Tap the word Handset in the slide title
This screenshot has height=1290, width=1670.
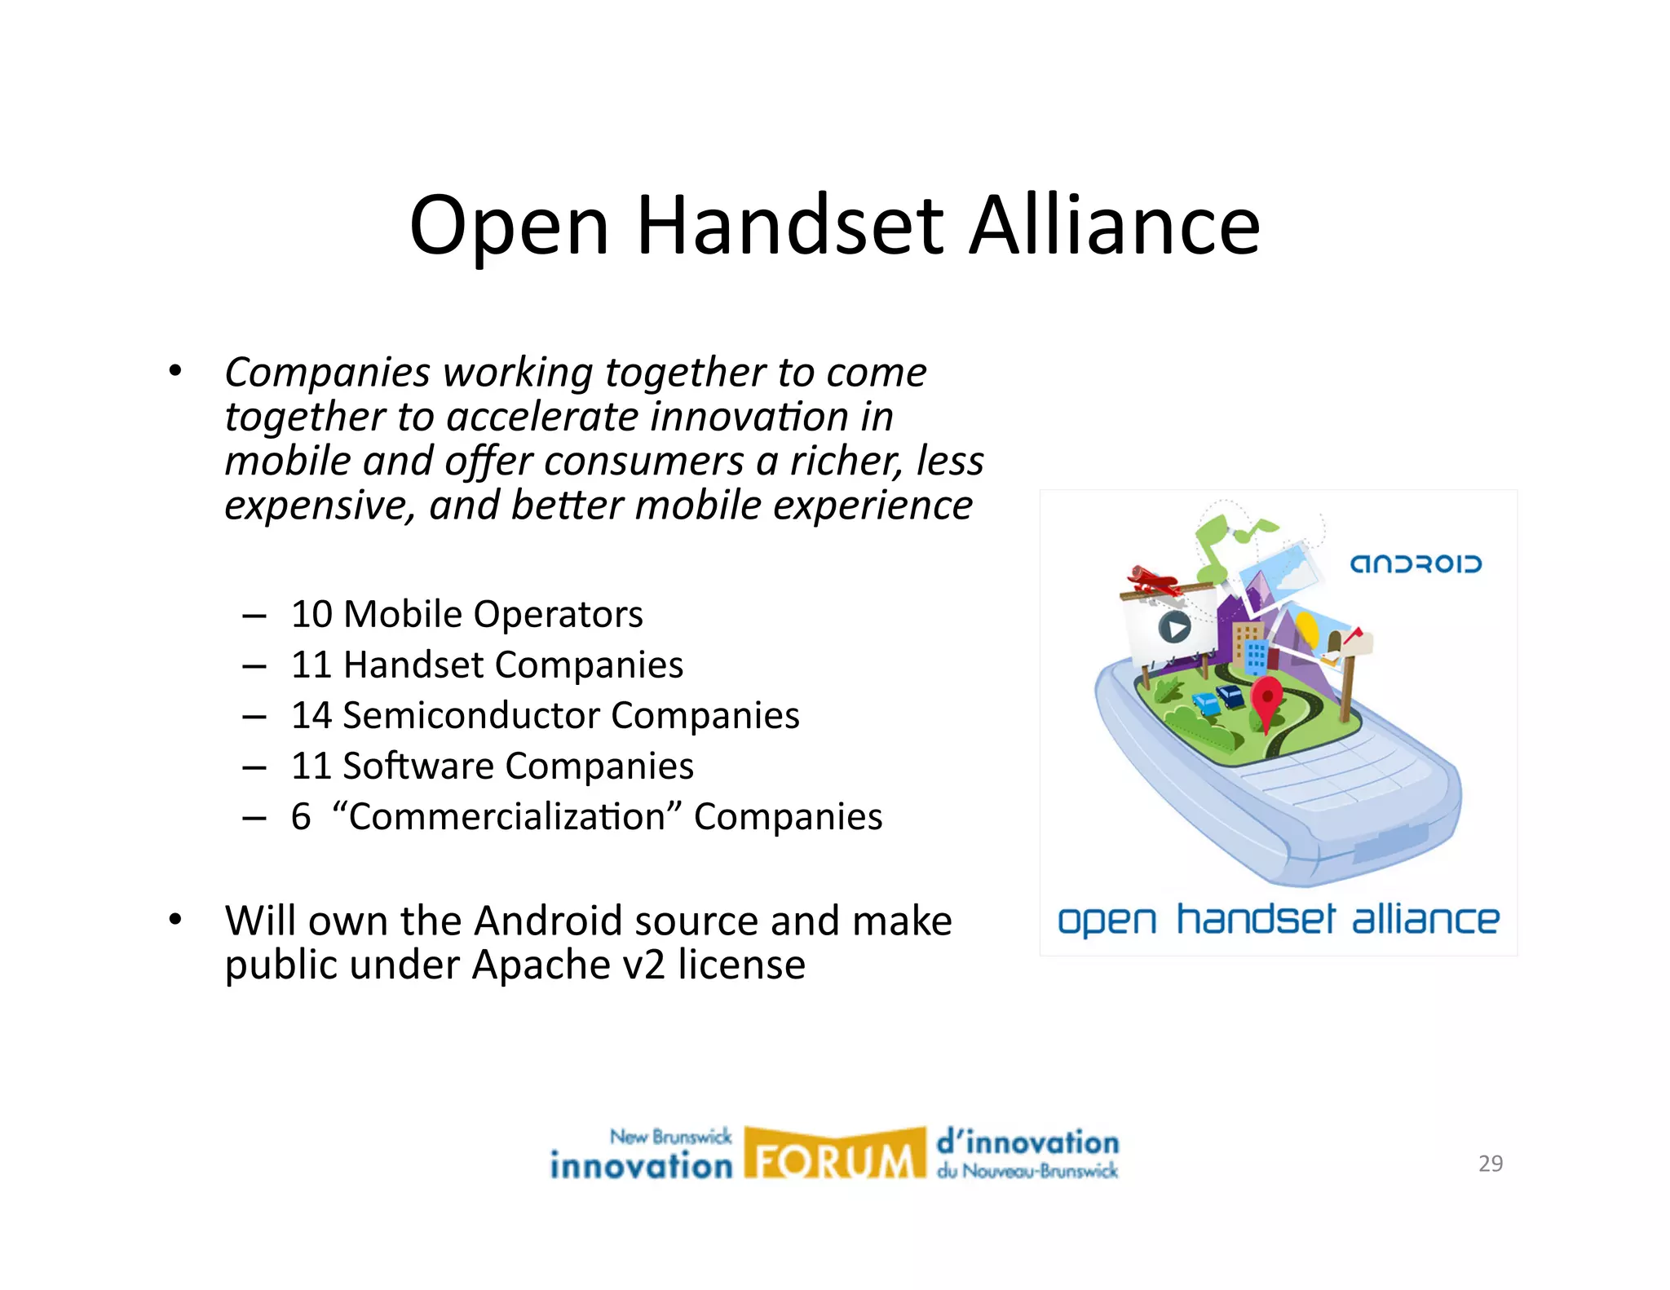tap(789, 226)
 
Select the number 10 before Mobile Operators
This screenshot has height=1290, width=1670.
tap(311, 614)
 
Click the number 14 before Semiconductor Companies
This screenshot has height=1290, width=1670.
tap(311, 715)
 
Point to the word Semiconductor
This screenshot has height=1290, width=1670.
tap(471, 715)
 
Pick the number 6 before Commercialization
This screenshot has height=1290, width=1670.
tap(301, 816)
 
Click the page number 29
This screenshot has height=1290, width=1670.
tap(1490, 1164)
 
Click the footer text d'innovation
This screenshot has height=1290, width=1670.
tap(1027, 1142)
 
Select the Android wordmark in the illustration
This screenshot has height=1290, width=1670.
tap(1415, 564)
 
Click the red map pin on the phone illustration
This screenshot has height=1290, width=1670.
tap(1266, 700)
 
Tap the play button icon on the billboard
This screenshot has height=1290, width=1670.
tap(1174, 627)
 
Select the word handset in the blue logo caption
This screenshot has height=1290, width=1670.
tap(1256, 920)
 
